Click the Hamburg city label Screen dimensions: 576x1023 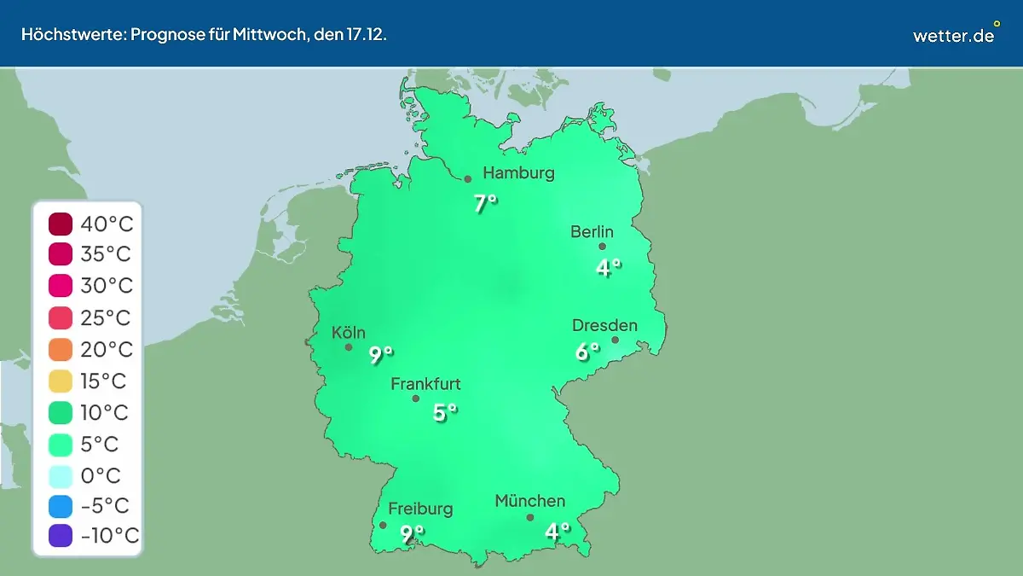[518, 173]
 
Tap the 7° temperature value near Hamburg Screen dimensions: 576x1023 [485, 203]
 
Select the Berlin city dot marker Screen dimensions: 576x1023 [602, 247]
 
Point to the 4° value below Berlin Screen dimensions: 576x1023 [607, 268]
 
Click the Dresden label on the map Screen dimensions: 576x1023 [604, 325]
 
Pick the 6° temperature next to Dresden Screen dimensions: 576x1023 [587, 351]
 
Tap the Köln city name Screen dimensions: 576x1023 [349, 333]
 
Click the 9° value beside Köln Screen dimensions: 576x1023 [381, 354]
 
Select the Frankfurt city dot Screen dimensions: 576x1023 [416, 399]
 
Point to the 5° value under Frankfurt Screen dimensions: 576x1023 [445, 413]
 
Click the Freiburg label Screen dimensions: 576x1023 [420, 509]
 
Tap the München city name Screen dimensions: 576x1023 [529, 501]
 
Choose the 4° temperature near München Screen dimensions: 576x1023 [558, 532]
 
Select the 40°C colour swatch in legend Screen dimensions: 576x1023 [61, 224]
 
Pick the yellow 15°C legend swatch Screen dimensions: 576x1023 [61, 381]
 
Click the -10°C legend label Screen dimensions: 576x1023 [109, 536]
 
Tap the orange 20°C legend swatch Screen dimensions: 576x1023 [61, 350]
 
